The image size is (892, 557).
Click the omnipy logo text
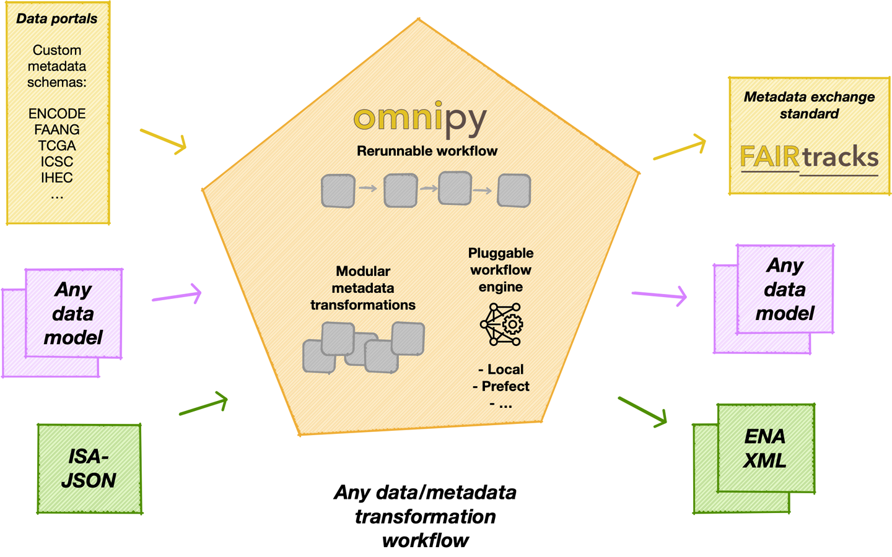tap(420, 119)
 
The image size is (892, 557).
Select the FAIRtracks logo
tap(809, 158)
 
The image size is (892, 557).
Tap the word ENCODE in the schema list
tap(57, 114)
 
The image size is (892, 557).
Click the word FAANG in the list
tap(57, 130)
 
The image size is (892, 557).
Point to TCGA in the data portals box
tap(57, 146)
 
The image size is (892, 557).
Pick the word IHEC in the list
tap(57, 178)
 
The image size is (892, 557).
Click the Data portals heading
tap(57, 19)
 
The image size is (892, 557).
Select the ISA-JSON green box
tap(89, 468)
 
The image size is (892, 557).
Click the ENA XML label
tap(765, 449)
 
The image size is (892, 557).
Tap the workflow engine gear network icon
tap(502, 324)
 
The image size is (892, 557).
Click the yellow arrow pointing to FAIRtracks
tap(680, 149)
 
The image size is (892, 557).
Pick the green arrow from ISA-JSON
tap(204, 405)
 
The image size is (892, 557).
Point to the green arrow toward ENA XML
tap(642, 412)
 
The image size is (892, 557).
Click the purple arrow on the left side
tap(177, 296)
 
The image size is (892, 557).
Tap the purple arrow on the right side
tap(659, 295)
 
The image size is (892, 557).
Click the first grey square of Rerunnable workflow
tap(338, 191)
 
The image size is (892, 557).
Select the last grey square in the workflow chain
tap(514, 191)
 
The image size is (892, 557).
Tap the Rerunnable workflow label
tap(427, 151)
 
